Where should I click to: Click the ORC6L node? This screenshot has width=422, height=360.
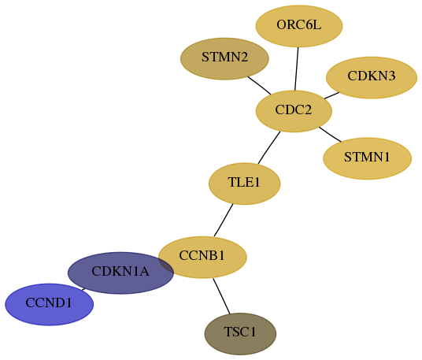point(299,26)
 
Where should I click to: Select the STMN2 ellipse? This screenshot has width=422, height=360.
point(224,59)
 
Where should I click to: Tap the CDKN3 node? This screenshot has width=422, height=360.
point(372,77)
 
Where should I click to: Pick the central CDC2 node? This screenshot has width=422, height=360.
point(294,111)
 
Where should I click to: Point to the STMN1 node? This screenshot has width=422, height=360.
point(367,158)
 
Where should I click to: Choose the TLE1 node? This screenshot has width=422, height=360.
point(244,184)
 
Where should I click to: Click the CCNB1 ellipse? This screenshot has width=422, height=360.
point(202,257)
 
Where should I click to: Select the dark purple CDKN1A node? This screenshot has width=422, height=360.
point(120,273)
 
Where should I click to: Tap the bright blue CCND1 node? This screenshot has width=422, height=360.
point(50,305)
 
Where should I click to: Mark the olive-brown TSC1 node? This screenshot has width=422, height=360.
point(240,334)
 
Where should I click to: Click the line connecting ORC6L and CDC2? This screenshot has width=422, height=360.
point(297,69)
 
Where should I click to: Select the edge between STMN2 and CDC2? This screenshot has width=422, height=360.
point(259,86)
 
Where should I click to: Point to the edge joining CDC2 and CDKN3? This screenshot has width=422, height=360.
point(331,95)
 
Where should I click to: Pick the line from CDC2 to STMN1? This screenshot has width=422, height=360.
point(330,134)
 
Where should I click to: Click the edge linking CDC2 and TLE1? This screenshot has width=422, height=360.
point(268,147)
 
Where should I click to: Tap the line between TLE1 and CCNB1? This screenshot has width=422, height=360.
point(224,221)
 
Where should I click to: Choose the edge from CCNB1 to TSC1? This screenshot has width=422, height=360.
point(221,296)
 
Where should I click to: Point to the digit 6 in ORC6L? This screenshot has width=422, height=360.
point(309,25)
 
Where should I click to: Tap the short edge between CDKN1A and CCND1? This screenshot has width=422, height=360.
point(83,289)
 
